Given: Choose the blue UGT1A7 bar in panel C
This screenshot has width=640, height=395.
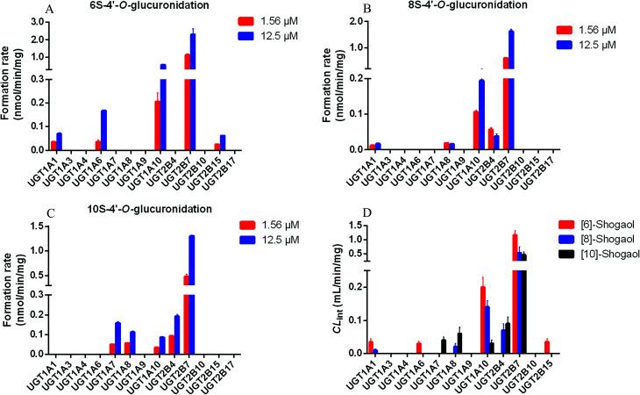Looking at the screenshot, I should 118,338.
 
